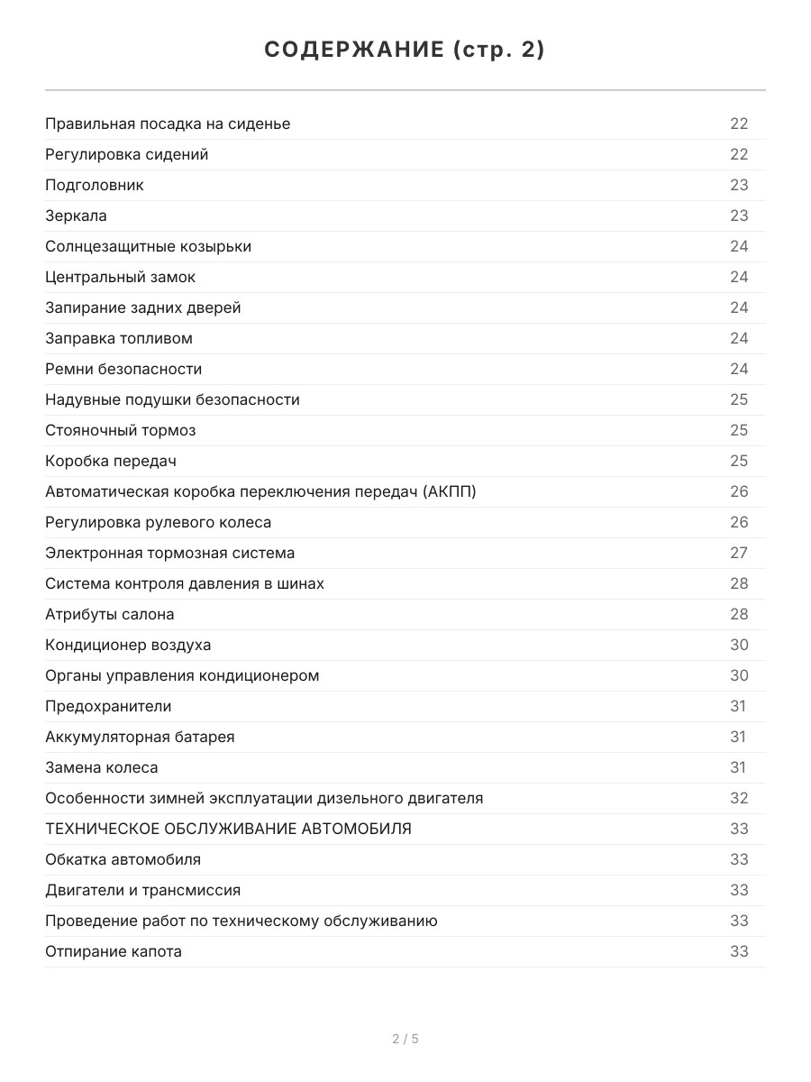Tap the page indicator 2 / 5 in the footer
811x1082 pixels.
(x=405, y=1039)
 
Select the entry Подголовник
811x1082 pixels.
(x=95, y=185)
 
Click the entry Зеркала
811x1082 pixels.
(x=76, y=215)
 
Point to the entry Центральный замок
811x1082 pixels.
(x=120, y=277)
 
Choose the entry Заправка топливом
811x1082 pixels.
(x=119, y=338)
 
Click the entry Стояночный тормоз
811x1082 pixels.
(x=120, y=430)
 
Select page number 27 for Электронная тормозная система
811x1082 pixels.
(x=739, y=553)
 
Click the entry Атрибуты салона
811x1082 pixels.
(x=110, y=614)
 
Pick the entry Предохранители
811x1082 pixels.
(x=108, y=706)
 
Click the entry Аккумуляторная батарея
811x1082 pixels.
(x=140, y=737)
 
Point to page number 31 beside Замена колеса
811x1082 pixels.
(x=738, y=767)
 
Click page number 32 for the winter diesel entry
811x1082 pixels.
(x=739, y=798)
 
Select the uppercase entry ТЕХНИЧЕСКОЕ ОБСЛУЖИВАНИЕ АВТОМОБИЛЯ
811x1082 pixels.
(x=228, y=829)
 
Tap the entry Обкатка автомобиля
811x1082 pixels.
(x=123, y=859)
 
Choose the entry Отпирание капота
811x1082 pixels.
(x=114, y=951)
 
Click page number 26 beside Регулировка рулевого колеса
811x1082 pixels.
(x=739, y=522)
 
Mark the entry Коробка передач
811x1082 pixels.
(x=111, y=461)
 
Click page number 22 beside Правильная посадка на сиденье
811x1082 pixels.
(x=739, y=124)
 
